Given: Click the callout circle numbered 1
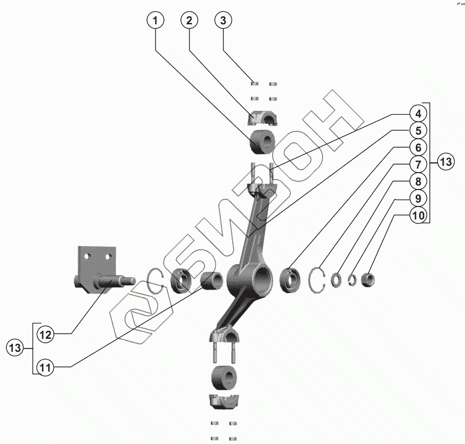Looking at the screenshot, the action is tap(156, 20).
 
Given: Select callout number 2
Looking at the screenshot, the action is tap(190, 20).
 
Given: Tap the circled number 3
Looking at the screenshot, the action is tap(223, 20).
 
